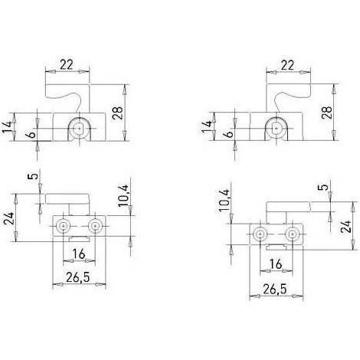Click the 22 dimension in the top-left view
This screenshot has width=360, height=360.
click(x=67, y=64)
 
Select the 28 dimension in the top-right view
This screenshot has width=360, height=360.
click(x=327, y=113)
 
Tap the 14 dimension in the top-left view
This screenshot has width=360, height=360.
click(x=8, y=126)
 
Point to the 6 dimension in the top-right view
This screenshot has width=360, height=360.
click(x=230, y=133)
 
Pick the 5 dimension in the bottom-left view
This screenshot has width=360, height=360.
click(x=34, y=176)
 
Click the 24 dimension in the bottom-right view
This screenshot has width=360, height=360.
click(x=346, y=226)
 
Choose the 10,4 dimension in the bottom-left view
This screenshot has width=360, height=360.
click(x=124, y=195)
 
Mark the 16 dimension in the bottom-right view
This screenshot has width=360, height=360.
click(x=276, y=264)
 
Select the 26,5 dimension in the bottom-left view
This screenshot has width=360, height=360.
click(x=78, y=277)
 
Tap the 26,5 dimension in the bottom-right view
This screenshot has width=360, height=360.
click(x=275, y=290)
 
